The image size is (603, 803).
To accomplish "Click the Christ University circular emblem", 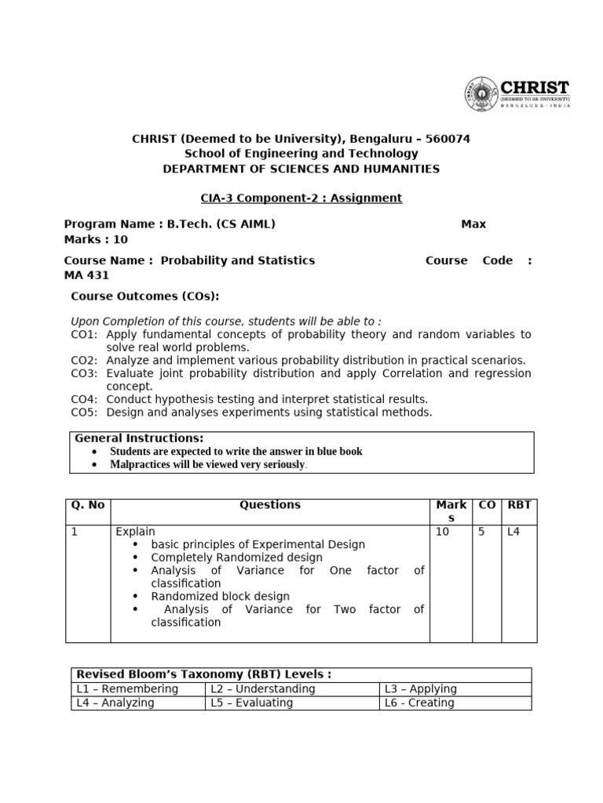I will pos(481,93).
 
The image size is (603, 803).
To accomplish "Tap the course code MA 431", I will pos(86,275).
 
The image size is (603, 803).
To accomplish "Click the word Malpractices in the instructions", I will pos(141,464).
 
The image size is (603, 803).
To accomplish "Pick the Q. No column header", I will pos(87,505).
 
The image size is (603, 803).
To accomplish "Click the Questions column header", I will pos(269,505).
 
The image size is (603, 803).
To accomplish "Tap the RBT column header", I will pos(519,505).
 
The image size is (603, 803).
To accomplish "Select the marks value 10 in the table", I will pos(442,532).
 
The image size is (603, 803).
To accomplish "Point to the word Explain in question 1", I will pos(136,532).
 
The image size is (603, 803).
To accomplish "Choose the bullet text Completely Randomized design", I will pos(236,558).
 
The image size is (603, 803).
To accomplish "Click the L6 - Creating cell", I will pos(419,703).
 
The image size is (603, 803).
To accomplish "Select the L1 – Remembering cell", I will pos(127,689).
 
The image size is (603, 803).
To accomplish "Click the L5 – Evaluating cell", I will pos(251,703).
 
